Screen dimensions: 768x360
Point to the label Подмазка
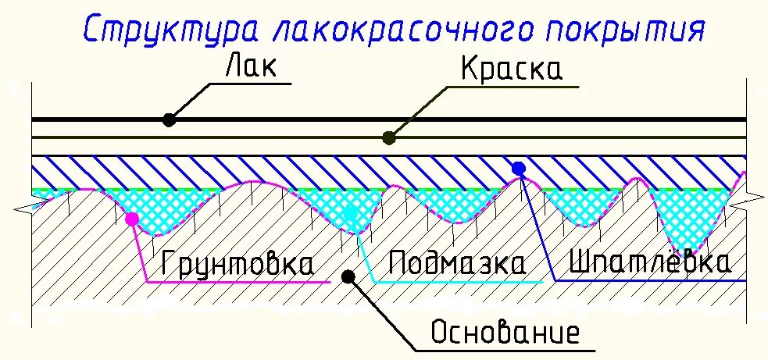(456, 263)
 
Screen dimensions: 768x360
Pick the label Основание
(505, 333)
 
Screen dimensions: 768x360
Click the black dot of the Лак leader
(169, 119)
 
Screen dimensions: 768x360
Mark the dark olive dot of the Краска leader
(388, 138)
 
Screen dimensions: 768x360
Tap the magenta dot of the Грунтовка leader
(132, 219)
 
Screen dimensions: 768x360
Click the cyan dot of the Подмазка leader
(351, 213)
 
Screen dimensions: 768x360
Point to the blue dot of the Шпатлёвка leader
(517, 168)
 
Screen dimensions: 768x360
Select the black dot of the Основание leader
(349, 275)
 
